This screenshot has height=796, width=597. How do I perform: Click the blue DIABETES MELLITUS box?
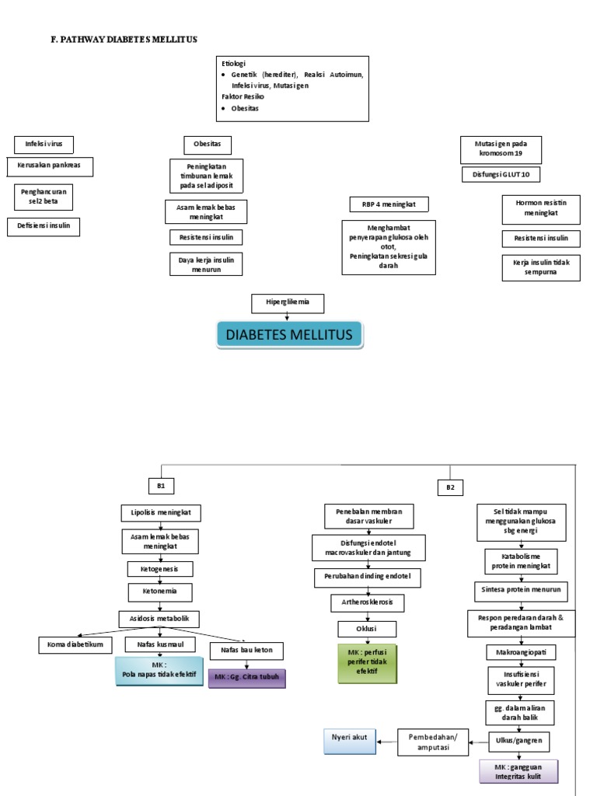[289, 336]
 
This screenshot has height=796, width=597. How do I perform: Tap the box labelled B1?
[161, 486]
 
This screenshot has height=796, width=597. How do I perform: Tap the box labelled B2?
[449, 487]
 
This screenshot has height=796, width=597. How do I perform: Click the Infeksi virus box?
[44, 144]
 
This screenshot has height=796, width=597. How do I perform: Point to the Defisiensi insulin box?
[44, 226]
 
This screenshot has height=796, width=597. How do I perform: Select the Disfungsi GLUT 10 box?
[501, 174]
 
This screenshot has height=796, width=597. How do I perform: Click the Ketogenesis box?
[160, 569]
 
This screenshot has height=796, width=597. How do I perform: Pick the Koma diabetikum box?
[75, 644]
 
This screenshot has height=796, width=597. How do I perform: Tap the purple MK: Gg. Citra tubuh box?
[246, 677]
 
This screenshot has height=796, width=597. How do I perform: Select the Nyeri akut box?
[349, 742]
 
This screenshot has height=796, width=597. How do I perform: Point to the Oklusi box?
[367, 628]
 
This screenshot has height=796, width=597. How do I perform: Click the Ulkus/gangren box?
[519, 741]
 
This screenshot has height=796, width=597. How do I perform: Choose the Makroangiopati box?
[518, 650]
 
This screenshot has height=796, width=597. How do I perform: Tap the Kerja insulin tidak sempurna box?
[541, 268]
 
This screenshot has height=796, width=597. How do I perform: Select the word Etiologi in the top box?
[234, 62]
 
